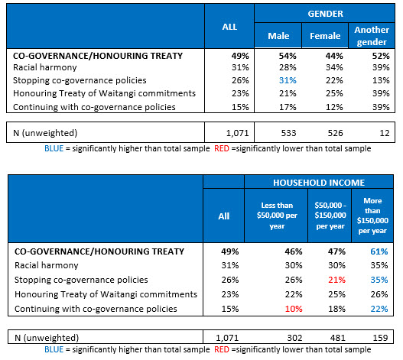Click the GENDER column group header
325,14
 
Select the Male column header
278,36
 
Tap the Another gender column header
372,36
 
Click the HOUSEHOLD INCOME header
319,183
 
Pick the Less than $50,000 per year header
277,216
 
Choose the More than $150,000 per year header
372,216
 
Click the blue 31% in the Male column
288,80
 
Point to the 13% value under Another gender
381,80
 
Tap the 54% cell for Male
288,56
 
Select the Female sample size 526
335,133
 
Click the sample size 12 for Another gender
385,133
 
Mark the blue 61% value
379,251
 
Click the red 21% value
336,280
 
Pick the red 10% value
294,309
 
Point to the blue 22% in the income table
379,309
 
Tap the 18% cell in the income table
336,309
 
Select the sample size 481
338,338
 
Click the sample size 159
380,338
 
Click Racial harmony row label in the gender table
44,67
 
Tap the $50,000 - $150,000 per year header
330,216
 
